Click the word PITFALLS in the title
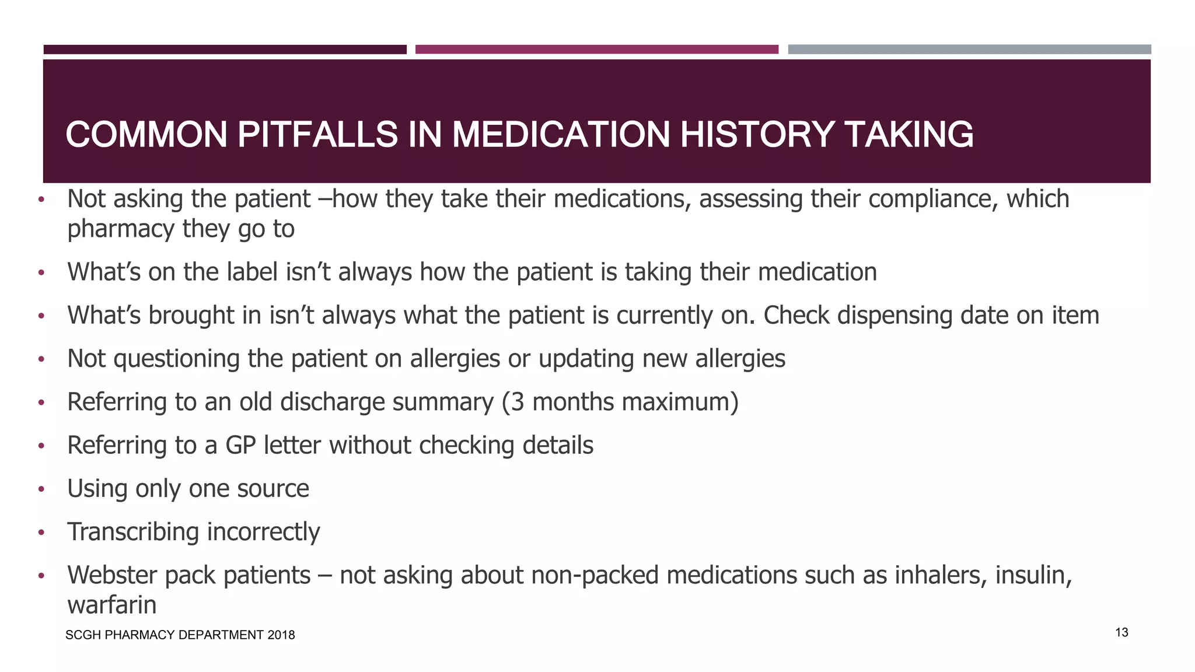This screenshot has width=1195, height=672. pos(318,135)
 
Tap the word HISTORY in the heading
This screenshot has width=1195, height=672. pos(756,135)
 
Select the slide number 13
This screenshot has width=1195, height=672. pos(1121,632)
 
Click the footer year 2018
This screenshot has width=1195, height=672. pos(281,635)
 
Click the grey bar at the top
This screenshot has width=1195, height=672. pos(969,50)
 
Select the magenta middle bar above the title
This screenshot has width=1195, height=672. pos(596,50)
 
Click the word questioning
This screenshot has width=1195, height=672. pos(177,359)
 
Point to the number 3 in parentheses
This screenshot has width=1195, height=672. pos(518,402)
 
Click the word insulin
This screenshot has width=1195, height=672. pos(1033,575)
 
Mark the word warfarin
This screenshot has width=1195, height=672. pos(112,605)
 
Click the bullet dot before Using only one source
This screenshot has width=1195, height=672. pos(41,489)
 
